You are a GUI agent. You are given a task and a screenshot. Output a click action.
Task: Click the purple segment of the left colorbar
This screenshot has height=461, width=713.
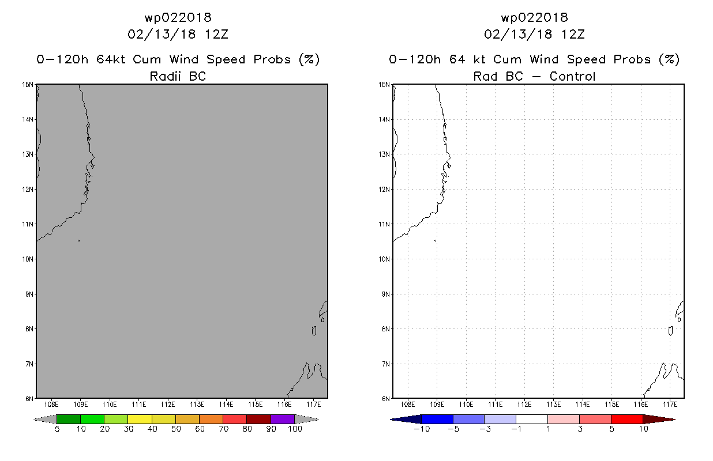(283, 419)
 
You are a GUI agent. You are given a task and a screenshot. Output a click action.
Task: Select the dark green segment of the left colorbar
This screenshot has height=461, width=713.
(69, 419)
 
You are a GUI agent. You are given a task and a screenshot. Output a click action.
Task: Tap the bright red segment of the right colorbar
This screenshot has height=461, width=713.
(627, 419)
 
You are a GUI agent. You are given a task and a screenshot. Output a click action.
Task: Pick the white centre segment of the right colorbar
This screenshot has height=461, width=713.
(532, 419)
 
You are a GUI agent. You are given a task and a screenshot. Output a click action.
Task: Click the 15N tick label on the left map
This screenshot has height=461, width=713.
(27, 85)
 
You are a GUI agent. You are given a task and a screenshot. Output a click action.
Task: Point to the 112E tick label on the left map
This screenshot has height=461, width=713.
(168, 405)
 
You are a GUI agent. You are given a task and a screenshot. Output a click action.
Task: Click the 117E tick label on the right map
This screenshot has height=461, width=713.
(670, 405)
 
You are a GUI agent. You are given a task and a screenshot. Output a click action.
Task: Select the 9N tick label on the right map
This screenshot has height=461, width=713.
(386, 294)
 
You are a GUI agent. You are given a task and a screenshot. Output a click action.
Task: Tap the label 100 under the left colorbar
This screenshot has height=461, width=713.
(295, 429)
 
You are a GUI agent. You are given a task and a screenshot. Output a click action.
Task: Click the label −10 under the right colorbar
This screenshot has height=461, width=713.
(422, 429)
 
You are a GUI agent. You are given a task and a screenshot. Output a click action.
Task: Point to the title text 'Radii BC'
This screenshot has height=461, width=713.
(178, 76)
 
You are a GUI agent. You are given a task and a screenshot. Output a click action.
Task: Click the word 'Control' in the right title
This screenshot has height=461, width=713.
(572, 76)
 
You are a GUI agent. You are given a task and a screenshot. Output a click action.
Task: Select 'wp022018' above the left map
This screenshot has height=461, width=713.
(178, 17)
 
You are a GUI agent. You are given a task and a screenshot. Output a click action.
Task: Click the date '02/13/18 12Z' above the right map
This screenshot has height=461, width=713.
(534, 34)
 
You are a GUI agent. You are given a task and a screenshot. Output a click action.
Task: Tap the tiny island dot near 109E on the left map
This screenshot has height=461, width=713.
(78, 241)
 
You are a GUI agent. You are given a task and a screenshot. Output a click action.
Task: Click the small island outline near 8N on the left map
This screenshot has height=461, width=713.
(314, 331)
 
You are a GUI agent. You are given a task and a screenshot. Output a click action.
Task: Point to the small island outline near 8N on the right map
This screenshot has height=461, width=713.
(671, 331)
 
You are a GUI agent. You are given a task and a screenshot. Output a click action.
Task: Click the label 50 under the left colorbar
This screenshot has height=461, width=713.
(176, 429)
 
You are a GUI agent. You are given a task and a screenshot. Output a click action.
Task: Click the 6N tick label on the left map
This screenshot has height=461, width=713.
(29, 399)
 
